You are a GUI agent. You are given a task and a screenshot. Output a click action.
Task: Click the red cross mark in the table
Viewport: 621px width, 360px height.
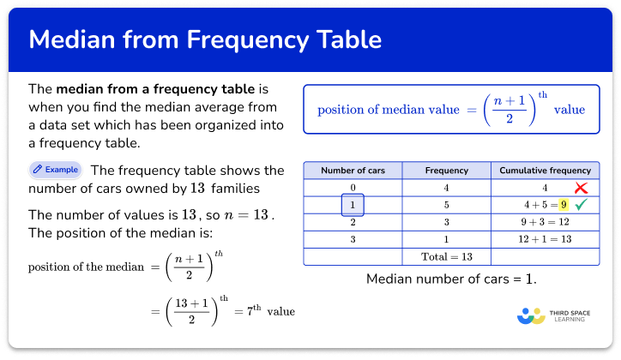pyautogui.click(x=582, y=188)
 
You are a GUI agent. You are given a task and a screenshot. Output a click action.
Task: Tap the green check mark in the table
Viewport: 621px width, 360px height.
pyautogui.click(x=582, y=205)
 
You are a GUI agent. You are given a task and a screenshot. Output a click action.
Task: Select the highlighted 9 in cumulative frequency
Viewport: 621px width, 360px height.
pyautogui.click(x=563, y=205)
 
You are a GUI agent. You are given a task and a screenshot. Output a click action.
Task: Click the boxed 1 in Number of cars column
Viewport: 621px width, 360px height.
pyautogui.click(x=353, y=205)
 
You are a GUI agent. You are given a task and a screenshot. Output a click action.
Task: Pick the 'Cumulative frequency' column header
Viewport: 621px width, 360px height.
pyautogui.click(x=545, y=171)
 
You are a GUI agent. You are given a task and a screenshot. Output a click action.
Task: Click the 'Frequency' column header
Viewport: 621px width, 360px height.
pyautogui.click(x=446, y=171)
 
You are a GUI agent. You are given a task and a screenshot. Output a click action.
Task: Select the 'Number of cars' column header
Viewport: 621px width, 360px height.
pyautogui.click(x=353, y=171)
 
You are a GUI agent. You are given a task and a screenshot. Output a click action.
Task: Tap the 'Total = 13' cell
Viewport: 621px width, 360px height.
pyautogui.click(x=446, y=256)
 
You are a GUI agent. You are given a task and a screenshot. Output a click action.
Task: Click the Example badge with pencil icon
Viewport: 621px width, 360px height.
pyautogui.click(x=55, y=170)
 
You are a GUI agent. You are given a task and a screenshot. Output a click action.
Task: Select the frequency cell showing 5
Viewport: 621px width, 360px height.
pyautogui.click(x=446, y=205)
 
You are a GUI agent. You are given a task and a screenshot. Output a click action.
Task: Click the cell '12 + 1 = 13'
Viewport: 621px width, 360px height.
pyautogui.click(x=545, y=239)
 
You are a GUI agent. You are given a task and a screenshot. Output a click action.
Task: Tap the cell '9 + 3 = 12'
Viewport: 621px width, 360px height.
pyautogui.click(x=545, y=222)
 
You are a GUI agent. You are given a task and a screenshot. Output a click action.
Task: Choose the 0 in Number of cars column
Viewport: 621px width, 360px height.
pyautogui.click(x=353, y=188)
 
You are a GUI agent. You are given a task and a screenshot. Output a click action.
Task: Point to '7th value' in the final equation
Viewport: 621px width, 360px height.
pyautogui.click(x=266, y=311)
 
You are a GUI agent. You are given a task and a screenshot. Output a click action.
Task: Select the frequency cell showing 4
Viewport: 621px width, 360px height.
pyautogui.click(x=446, y=188)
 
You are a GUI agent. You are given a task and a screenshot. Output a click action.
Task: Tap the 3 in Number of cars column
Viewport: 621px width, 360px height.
pyautogui.click(x=353, y=239)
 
